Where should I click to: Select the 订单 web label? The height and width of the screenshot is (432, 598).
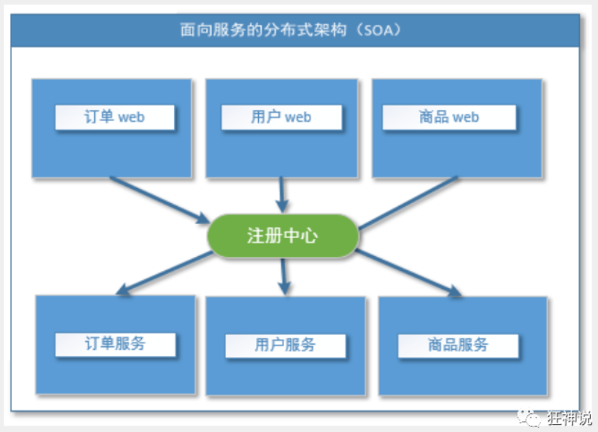(114, 117)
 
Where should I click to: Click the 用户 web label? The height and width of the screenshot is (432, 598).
(281, 117)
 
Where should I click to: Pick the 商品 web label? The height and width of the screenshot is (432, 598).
(448, 117)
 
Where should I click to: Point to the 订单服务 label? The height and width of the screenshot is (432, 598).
(114, 343)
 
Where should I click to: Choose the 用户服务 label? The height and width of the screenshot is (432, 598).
(285, 345)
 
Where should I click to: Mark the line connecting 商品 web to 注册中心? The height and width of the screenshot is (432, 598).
(408, 202)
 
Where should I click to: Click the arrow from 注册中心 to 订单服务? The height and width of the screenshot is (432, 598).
(165, 273)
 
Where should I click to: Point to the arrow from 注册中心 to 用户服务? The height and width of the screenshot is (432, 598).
(284, 275)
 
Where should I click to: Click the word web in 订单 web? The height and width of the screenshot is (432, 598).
(131, 117)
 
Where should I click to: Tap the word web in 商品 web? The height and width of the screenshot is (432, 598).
(465, 117)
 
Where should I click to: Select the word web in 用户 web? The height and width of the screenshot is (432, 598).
(298, 117)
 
